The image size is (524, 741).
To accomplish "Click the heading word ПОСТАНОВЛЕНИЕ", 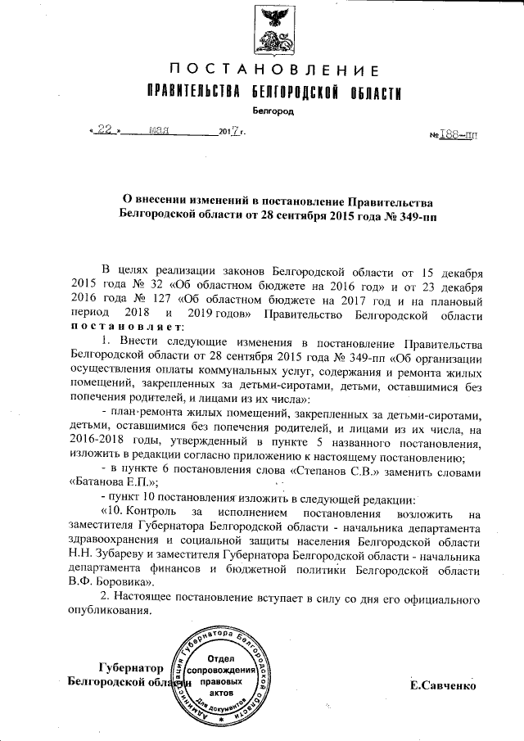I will pyautogui.click(x=273, y=70).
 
